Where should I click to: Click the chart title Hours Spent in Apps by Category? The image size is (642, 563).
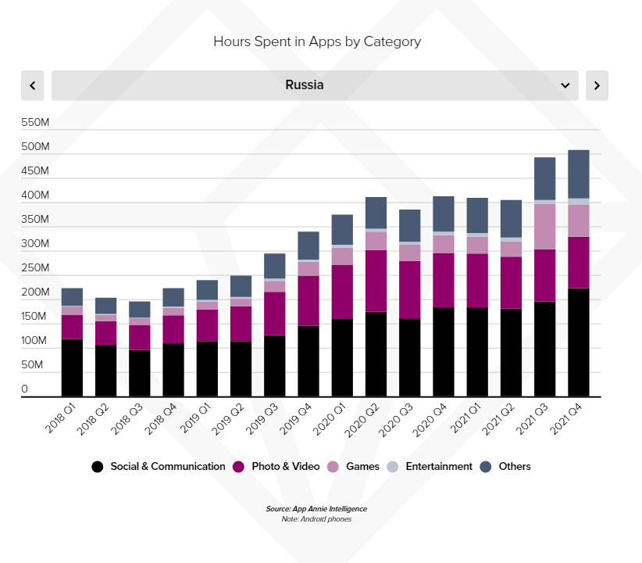[317, 41]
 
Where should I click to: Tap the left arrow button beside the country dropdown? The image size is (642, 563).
[32, 85]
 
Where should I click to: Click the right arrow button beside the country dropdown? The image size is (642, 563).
[597, 85]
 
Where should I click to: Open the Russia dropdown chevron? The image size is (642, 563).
[565, 85]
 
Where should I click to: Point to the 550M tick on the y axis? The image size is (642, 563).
[36, 123]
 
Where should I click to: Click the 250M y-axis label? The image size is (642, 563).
[36, 268]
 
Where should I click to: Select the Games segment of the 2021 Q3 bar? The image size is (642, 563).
[545, 227]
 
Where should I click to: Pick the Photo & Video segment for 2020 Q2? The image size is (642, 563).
[376, 281]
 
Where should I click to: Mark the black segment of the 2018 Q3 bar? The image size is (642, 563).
[140, 373]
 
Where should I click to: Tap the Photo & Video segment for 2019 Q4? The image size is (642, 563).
[309, 300]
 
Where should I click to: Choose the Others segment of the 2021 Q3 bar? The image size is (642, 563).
[545, 178]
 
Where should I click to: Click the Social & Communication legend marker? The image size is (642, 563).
[97, 467]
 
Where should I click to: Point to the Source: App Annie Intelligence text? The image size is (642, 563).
[316, 509]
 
